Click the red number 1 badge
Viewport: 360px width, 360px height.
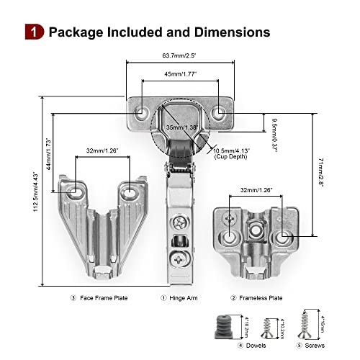tap(34, 32)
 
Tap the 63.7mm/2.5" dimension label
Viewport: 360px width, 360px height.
tap(180, 53)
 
